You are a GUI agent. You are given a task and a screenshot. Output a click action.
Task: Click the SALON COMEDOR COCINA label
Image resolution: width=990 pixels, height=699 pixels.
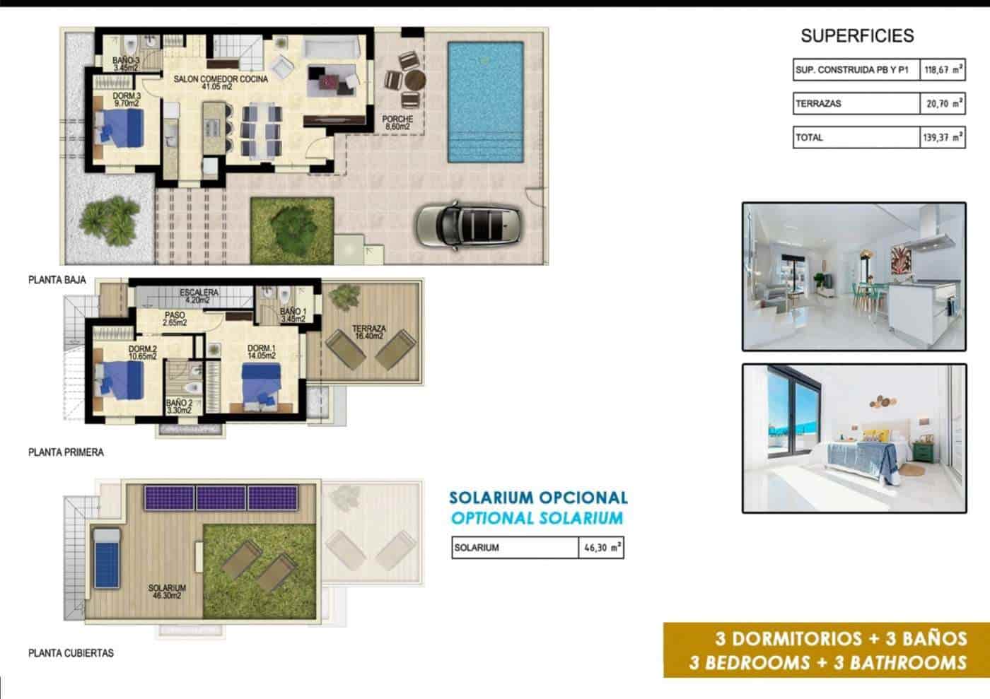(x=221, y=83)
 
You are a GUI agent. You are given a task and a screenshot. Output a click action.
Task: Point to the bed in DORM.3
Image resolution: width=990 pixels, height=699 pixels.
(x=120, y=130)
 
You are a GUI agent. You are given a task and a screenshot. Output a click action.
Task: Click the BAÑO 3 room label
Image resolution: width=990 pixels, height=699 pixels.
(x=126, y=65)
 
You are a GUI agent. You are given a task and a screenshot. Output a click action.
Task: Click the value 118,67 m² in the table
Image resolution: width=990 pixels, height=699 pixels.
(x=943, y=70)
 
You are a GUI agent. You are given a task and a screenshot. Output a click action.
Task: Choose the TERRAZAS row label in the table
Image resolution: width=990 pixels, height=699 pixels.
(x=818, y=104)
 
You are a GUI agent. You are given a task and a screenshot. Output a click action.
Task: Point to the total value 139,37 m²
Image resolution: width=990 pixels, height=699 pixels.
(x=943, y=138)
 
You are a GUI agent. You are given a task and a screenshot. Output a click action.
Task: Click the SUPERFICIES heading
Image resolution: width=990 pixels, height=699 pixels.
(x=856, y=36)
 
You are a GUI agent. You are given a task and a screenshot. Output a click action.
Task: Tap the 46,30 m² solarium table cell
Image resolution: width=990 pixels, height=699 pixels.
(x=600, y=548)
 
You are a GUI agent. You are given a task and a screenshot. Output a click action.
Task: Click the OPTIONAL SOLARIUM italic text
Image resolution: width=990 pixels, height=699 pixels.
(x=537, y=518)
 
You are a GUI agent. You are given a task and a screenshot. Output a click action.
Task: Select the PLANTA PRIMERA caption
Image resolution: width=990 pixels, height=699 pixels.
(x=66, y=452)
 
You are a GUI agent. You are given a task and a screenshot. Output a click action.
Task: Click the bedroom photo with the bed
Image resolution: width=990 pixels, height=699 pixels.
(x=854, y=438)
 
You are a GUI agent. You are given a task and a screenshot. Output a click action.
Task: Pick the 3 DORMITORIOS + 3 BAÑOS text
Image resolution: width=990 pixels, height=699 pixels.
(x=841, y=639)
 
